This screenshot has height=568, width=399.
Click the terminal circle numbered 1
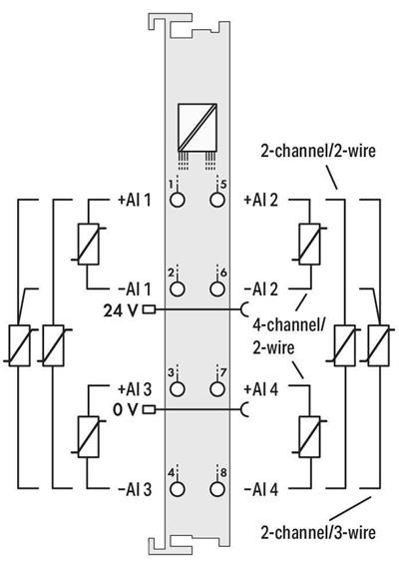click(177, 200)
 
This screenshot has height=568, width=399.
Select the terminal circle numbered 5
click(216, 200)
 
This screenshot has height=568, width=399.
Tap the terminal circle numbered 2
click(177, 288)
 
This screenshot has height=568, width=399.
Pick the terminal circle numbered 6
click(216, 288)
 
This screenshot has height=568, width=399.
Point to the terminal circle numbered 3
click(177, 389)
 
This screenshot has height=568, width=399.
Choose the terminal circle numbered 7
click(216, 389)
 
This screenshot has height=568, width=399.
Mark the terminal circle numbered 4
click(177, 489)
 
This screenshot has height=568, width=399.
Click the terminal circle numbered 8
click(216, 489)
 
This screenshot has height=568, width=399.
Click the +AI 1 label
click(135, 200)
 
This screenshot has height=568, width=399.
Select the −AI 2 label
click(261, 289)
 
